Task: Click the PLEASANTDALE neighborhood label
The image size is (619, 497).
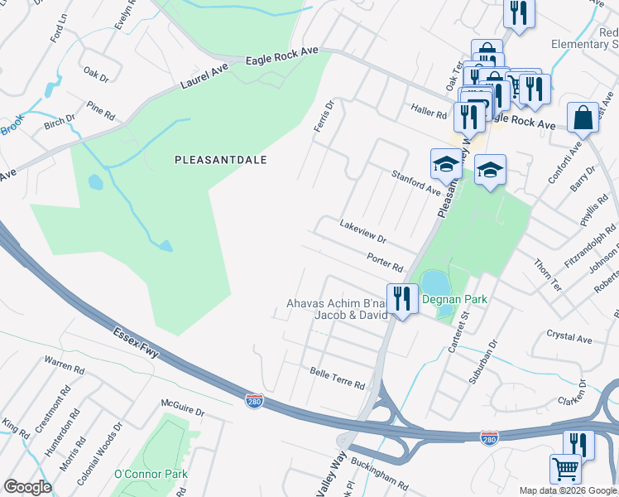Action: point(220,160)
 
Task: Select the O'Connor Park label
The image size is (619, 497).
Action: point(151,474)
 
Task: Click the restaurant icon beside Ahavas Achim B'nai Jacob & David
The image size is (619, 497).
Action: point(402,298)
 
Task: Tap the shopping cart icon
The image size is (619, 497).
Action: point(566,468)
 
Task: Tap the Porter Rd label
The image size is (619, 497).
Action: point(385,262)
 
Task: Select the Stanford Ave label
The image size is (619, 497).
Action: point(415,181)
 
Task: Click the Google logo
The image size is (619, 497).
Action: point(27,487)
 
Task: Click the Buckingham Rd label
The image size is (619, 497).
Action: point(380,473)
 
